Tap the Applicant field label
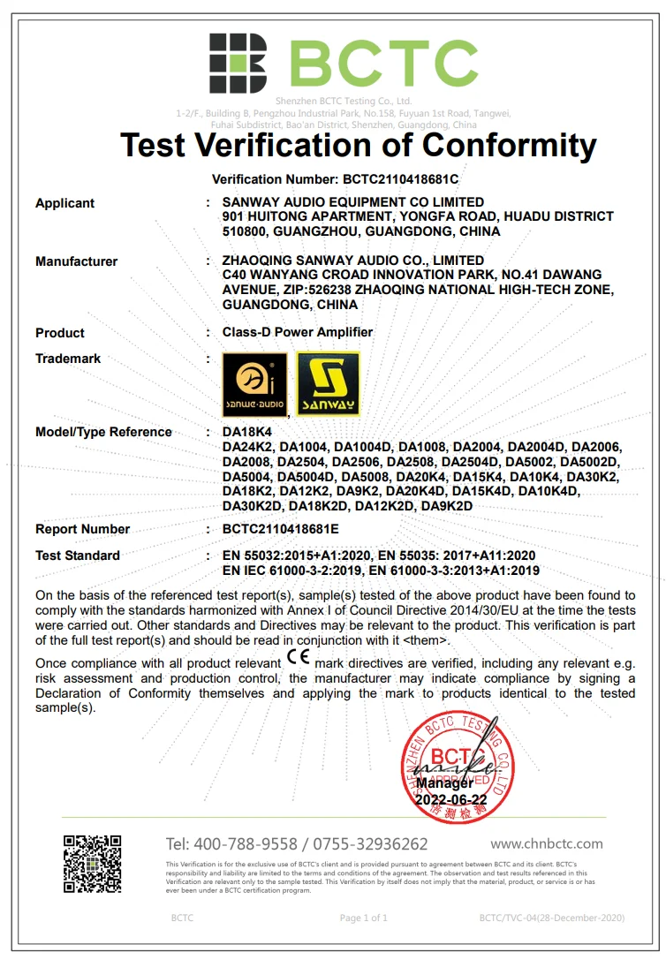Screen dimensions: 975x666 pos(64,203)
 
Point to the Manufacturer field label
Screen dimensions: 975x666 pos(76,261)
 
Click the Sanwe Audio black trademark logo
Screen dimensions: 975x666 pos(254,383)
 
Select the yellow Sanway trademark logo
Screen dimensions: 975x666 pos(328,383)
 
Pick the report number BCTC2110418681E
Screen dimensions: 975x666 pos(281,529)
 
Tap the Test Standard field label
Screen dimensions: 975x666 pos(78,556)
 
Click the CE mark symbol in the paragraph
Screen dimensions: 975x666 pos(299,660)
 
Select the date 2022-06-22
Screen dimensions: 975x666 pos(450,798)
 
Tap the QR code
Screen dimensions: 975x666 pos(92,864)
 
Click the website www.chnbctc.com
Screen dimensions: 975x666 pos(547,843)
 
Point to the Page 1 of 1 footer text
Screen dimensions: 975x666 pos(364,918)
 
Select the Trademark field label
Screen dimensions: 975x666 pos(68,359)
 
